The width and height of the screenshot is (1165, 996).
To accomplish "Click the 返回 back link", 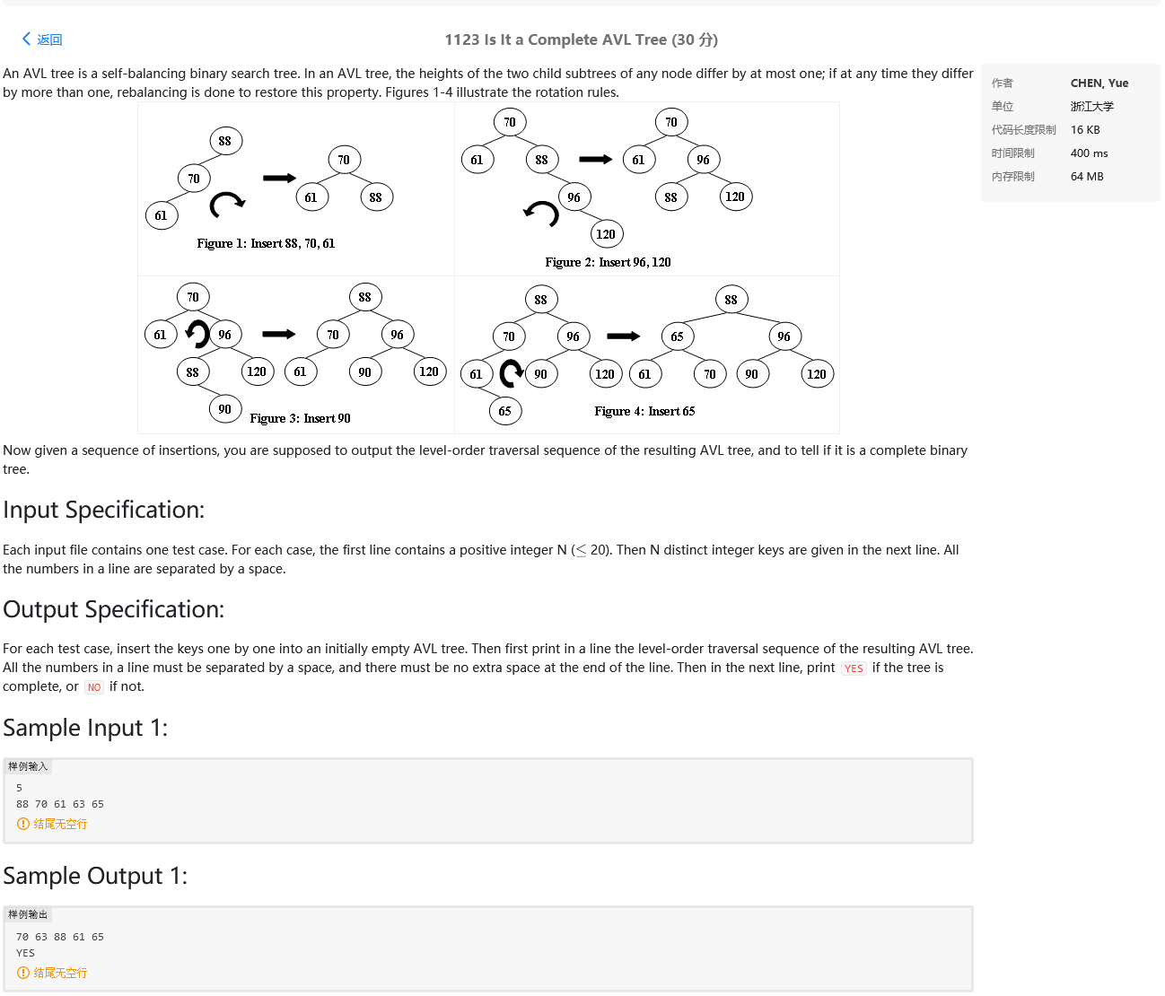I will pos(42,39).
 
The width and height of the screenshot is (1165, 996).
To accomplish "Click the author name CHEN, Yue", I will pos(1099,83).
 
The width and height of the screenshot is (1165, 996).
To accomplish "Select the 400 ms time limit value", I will pos(1089,153).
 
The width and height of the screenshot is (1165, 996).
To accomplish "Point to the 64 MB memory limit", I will pos(1086,177).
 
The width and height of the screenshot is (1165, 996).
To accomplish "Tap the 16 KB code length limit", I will pos(1084,130).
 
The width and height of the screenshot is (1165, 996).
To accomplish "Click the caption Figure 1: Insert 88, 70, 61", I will pos(266,243).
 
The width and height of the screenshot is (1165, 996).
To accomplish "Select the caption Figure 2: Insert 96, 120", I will pos(608,262).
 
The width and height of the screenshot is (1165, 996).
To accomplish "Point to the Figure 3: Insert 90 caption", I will pos(300,418).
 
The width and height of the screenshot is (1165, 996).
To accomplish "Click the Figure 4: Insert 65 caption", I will pos(644,411).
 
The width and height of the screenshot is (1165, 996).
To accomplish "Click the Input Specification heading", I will pos(104,510).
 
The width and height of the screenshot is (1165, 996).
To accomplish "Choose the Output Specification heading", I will pos(114,609).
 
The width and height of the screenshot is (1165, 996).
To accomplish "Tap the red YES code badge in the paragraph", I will pos(853,668).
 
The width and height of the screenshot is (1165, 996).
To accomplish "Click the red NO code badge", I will pos(94,687).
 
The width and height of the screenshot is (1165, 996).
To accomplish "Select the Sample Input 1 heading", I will pos(85,728).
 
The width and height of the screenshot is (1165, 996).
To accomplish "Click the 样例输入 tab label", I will pos(28,766).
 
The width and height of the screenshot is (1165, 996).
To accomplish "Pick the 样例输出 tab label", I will pos(28,914).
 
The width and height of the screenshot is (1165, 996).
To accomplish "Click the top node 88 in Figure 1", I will pos(225,141).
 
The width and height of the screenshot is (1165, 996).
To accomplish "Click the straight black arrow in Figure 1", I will pos(279,178).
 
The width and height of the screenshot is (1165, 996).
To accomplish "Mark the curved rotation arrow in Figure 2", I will pos(541,213).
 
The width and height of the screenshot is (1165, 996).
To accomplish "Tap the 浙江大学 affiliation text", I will pos(1091,107).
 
